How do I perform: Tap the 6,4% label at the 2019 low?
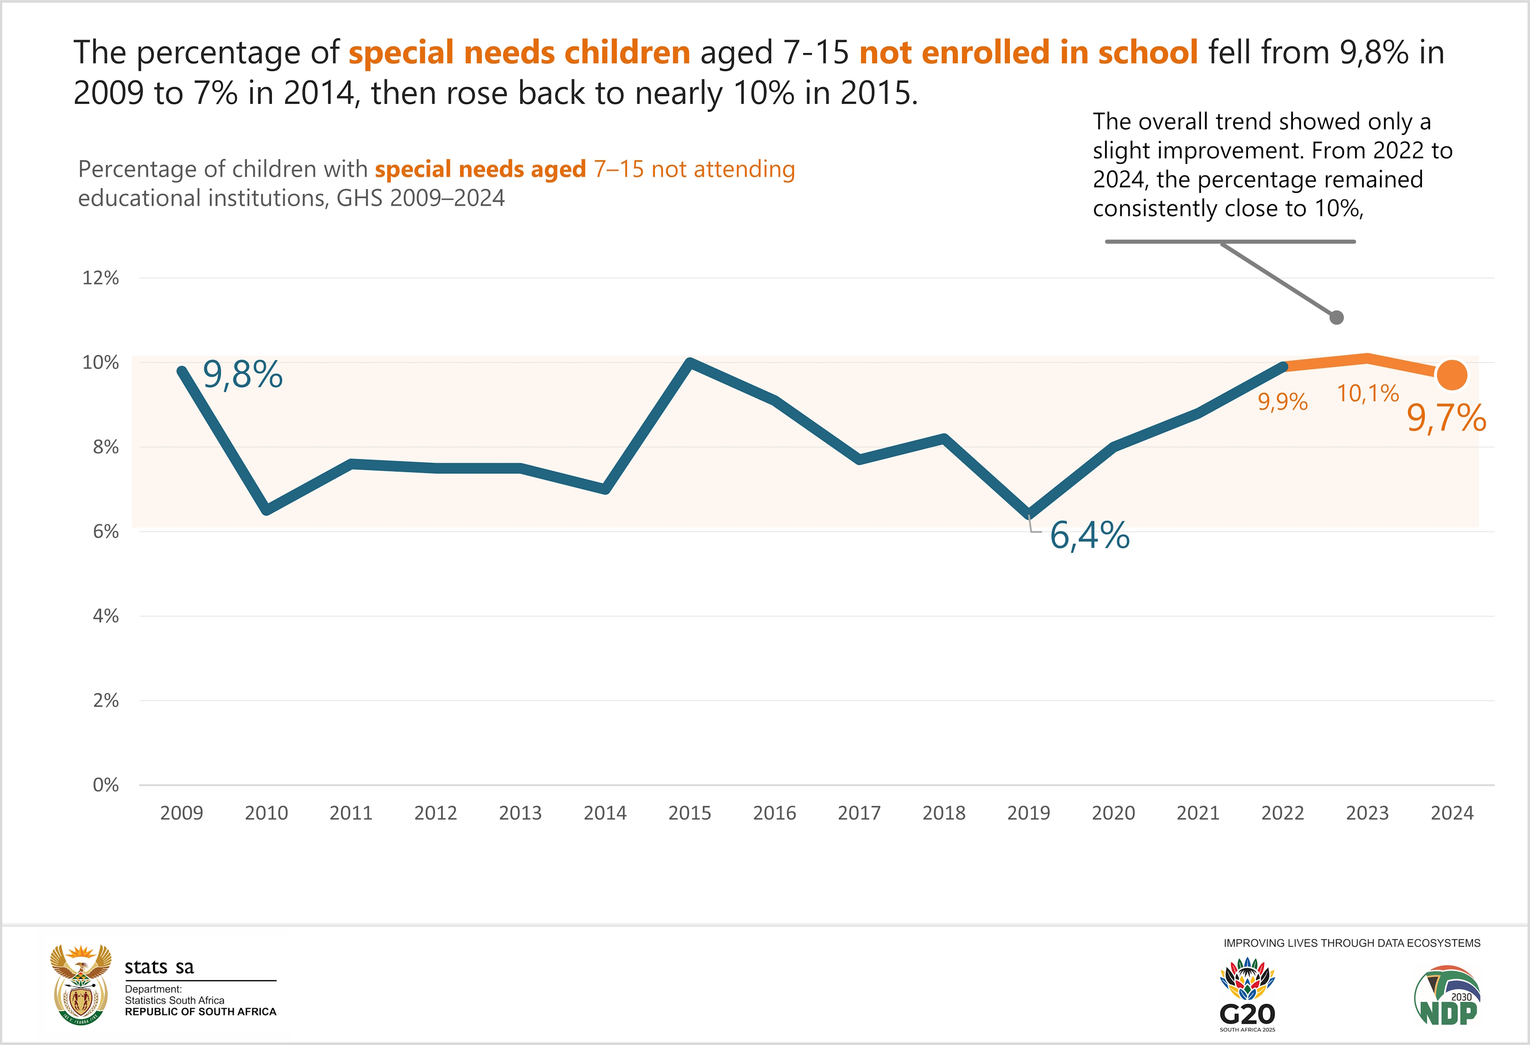[x=1089, y=535]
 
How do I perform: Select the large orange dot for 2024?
[x=1451, y=375]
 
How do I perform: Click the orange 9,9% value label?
[x=1283, y=402]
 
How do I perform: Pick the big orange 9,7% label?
[x=1446, y=418]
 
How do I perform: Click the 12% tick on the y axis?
[x=101, y=278]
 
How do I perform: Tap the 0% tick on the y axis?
[x=106, y=785]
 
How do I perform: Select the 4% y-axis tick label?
[x=106, y=616]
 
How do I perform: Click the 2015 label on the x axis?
[x=690, y=813]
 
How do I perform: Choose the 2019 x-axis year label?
[x=1028, y=813]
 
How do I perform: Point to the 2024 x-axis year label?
[x=1451, y=813]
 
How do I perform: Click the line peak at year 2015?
[x=690, y=362]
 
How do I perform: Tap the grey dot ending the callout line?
[x=1336, y=317]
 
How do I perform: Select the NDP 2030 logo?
[x=1447, y=996]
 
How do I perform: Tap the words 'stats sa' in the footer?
[x=159, y=966]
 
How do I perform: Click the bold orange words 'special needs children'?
[x=519, y=53]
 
